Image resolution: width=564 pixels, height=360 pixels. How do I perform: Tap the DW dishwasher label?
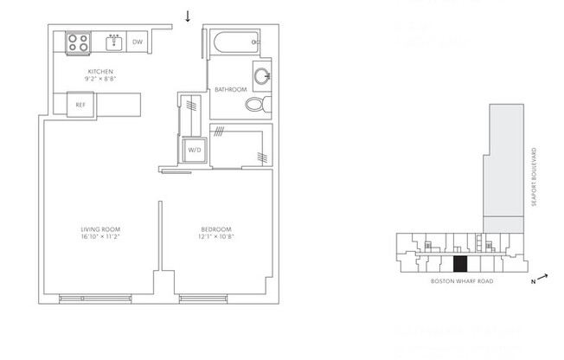[x=137, y=42]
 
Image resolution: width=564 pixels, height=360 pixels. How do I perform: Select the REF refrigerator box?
[x=80, y=105]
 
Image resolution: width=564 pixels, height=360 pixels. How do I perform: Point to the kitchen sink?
[x=113, y=42]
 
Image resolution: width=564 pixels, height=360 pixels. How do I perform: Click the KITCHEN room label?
[x=100, y=71]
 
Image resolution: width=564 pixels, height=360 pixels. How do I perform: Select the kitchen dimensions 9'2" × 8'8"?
[x=100, y=79]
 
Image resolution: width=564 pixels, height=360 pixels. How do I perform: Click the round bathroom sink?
[x=261, y=74]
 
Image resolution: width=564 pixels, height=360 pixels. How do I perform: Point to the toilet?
[x=256, y=105]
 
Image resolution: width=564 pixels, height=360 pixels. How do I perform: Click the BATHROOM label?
[x=231, y=89]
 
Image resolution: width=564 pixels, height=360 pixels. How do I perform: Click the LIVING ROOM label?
[x=98, y=228]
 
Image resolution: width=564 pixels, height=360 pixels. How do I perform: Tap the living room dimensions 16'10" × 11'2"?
[x=98, y=236]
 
